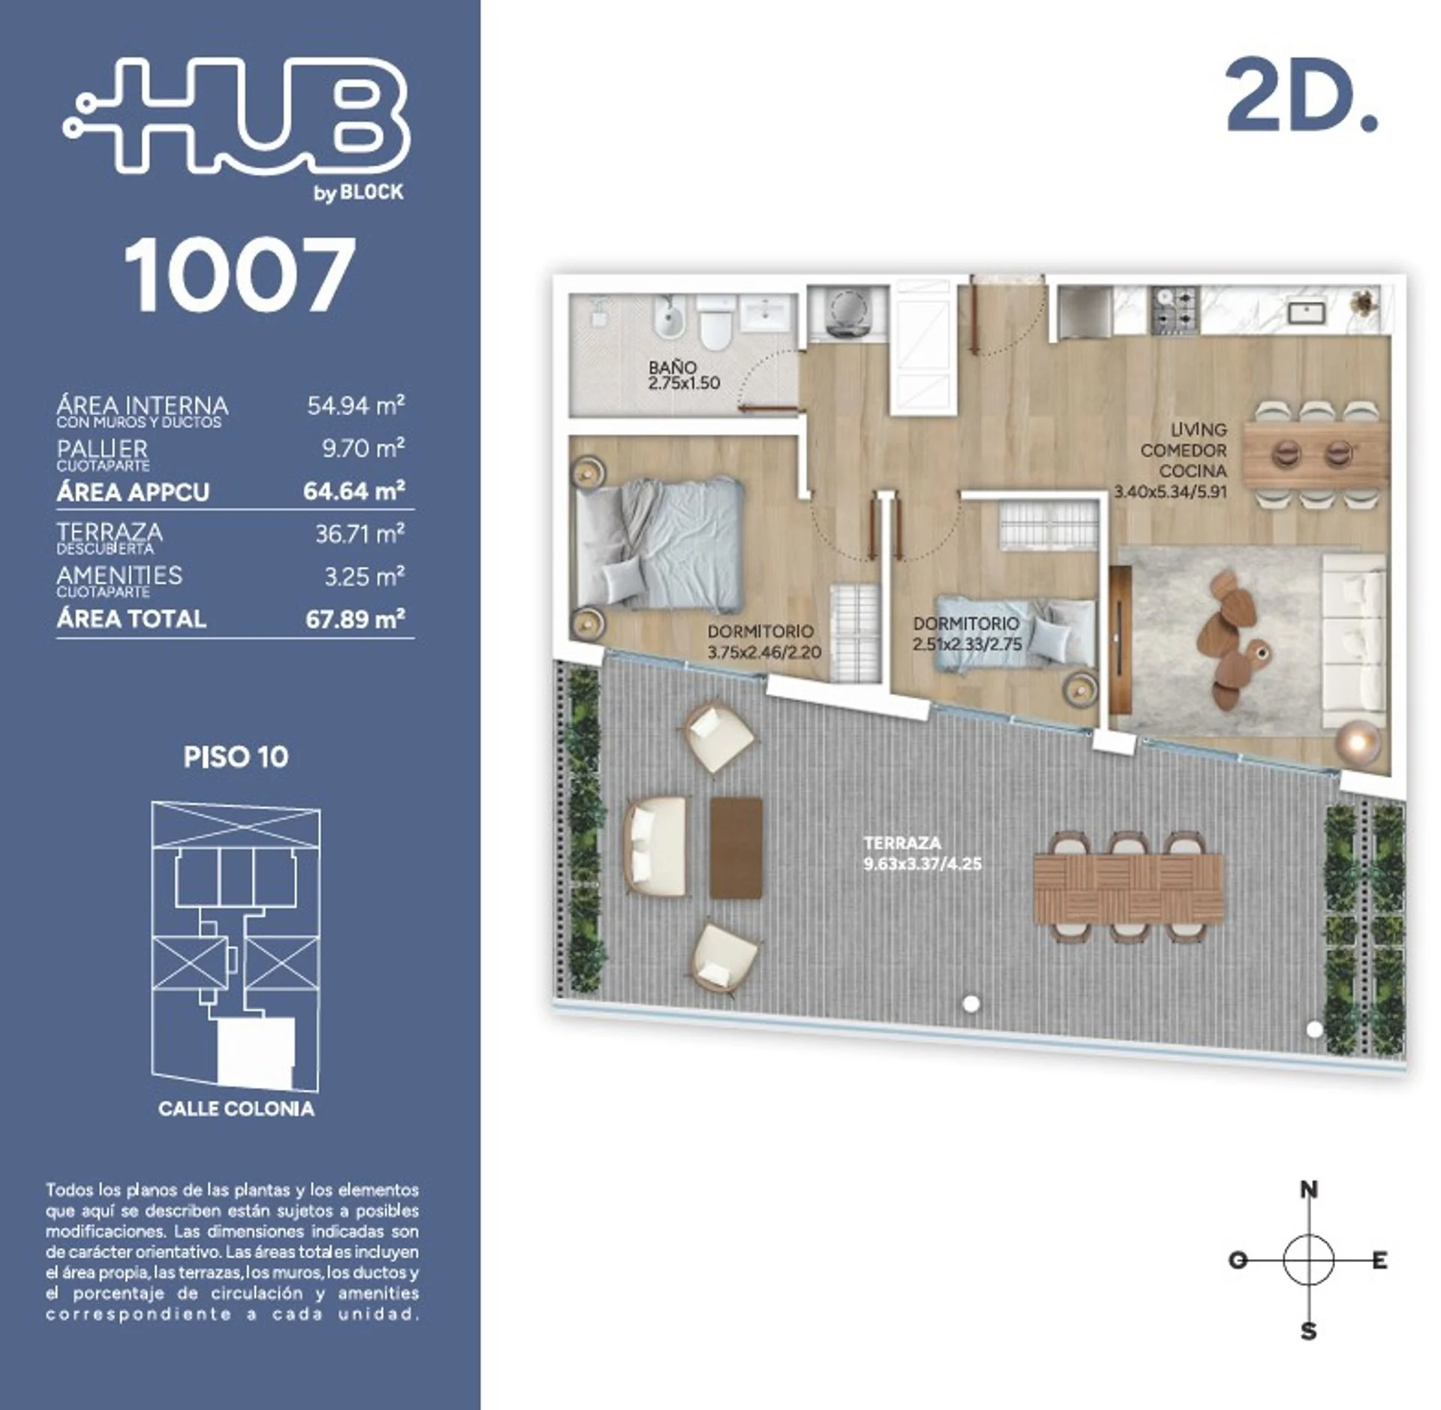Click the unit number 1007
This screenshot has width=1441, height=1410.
click(x=239, y=274)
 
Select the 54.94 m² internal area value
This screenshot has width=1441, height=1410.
click(x=356, y=405)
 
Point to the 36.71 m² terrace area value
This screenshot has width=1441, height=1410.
click(x=359, y=533)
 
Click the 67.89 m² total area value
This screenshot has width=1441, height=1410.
click(x=355, y=619)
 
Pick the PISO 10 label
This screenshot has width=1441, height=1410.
click(x=236, y=757)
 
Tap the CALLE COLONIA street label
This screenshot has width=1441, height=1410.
click(x=236, y=1109)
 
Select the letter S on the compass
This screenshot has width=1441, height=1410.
click(x=1308, y=1332)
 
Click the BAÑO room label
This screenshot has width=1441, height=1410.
click(x=672, y=367)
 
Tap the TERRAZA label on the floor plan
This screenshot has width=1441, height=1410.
click(x=902, y=843)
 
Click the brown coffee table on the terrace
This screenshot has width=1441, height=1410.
click(x=736, y=848)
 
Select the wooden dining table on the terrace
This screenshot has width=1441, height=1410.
click(x=1128, y=888)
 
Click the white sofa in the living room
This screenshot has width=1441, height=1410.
click(x=1353, y=642)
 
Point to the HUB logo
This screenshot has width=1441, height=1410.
click(x=237, y=120)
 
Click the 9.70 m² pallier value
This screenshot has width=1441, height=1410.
click(x=364, y=448)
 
